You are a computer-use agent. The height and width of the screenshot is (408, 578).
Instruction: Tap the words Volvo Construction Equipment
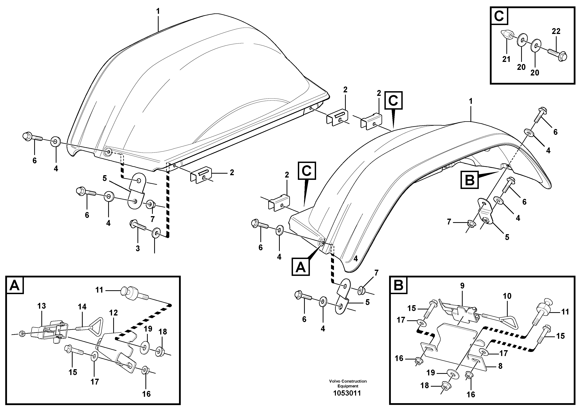pyautogui.click(x=348, y=384)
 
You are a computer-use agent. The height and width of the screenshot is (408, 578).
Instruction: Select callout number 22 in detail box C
pyautogui.click(x=556, y=31)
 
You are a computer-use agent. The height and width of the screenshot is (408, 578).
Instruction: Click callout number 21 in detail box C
pyautogui.click(x=506, y=59)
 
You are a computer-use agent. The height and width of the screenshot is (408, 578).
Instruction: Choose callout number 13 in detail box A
pyautogui.click(x=42, y=306)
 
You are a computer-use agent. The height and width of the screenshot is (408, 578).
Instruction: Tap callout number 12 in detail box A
pyautogui.click(x=114, y=313)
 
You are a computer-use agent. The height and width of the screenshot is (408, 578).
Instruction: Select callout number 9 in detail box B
pyautogui.click(x=462, y=286)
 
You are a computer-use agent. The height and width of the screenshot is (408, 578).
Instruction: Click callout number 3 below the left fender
pyautogui.click(x=138, y=249)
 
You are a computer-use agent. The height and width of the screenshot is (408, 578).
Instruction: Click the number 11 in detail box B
pyautogui.click(x=565, y=312)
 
